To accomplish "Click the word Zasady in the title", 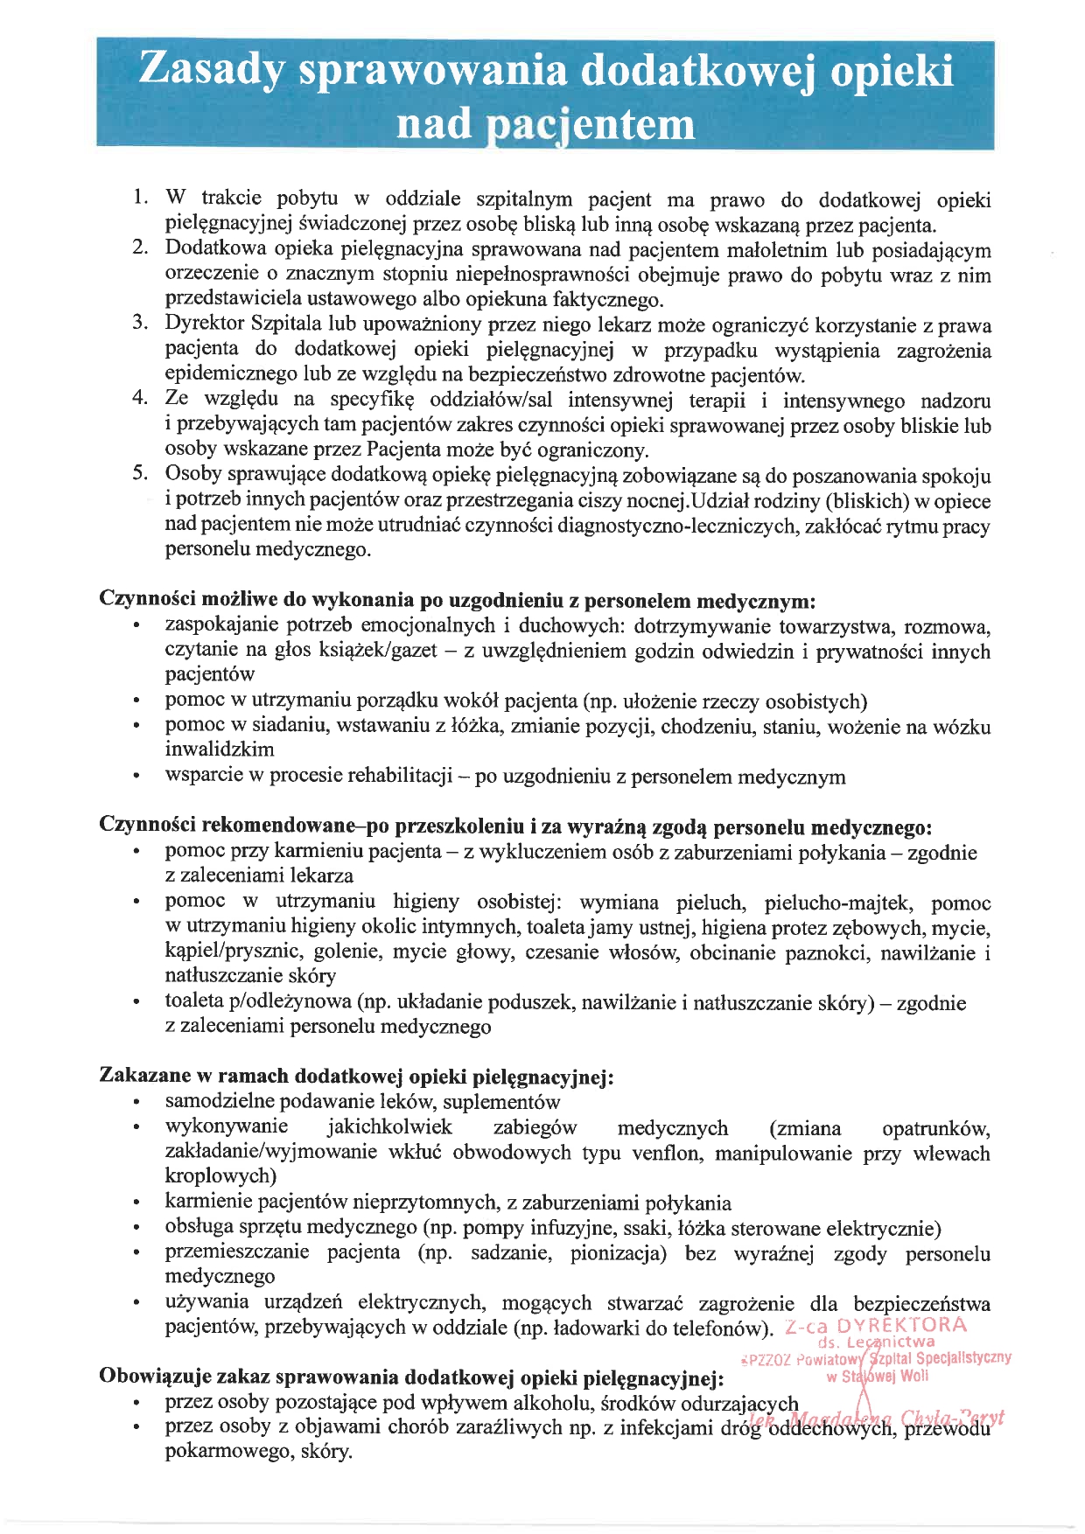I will click(x=211, y=70).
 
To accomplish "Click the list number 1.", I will click(x=140, y=198).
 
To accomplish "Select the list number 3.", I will click(x=140, y=323).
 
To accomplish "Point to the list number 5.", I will click(x=140, y=474).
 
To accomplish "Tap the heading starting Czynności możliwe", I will click(x=457, y=601).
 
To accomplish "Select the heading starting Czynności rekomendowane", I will click(x=515, y=826).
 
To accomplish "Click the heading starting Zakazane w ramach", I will click(x=356, y=1076).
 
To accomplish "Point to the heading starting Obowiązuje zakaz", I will click(x=411, y=1377).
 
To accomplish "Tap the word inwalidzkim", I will click(x=220, y=750).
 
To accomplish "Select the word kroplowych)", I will click(x=220, y=1176).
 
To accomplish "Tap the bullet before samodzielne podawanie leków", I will click(x=136, y=1103).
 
